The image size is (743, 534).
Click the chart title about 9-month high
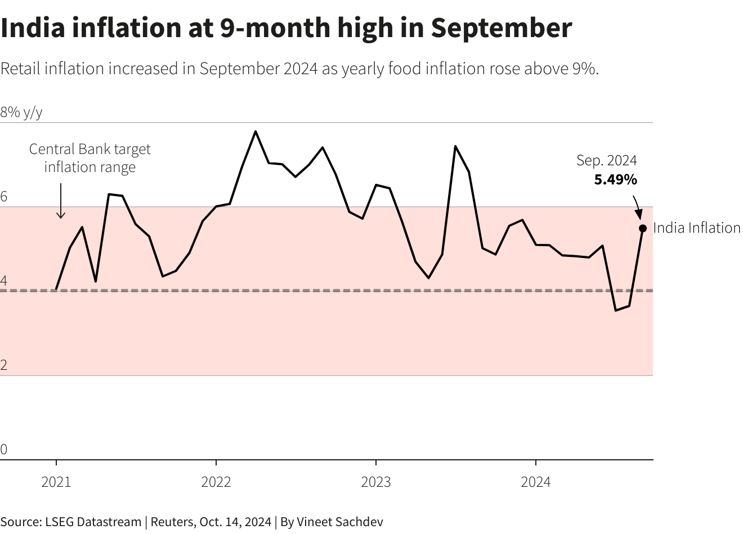pos(286,28)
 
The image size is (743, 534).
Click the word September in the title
pos(502,28)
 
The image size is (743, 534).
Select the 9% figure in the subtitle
pos(584,69)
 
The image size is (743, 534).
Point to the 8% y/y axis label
pos(21,112)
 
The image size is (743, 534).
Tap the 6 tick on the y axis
pos(4,197)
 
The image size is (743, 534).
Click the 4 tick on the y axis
pos(4,280)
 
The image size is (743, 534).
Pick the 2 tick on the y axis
pos(4,365)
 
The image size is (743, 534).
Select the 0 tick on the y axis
pos(4,449)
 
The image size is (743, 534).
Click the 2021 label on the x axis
pos(56,482)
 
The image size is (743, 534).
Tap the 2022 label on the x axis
pos(216,482)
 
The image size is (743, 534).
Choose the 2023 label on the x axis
pos(376,482)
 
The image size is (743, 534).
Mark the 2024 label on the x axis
pos(536,482)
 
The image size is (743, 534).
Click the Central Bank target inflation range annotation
pos(90,158)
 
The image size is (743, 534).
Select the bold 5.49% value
pos(615,180)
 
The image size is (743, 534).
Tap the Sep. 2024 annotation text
pos(606,161)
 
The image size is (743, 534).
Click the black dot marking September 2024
pos(642,228)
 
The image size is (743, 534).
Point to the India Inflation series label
pos(696,228)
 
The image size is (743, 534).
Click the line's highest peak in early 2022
pos(256,132)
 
